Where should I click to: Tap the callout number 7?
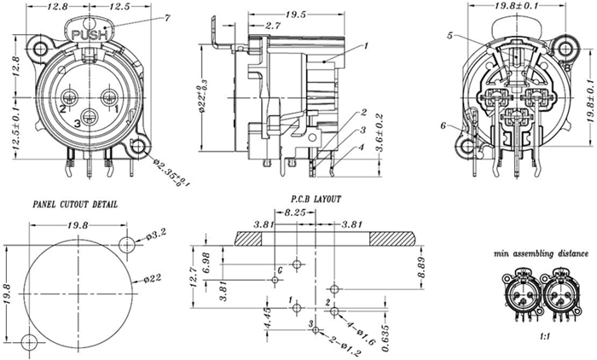point(167,18)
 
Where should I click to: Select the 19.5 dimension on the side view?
point(272,15)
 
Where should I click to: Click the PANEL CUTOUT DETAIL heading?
point(76,206)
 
